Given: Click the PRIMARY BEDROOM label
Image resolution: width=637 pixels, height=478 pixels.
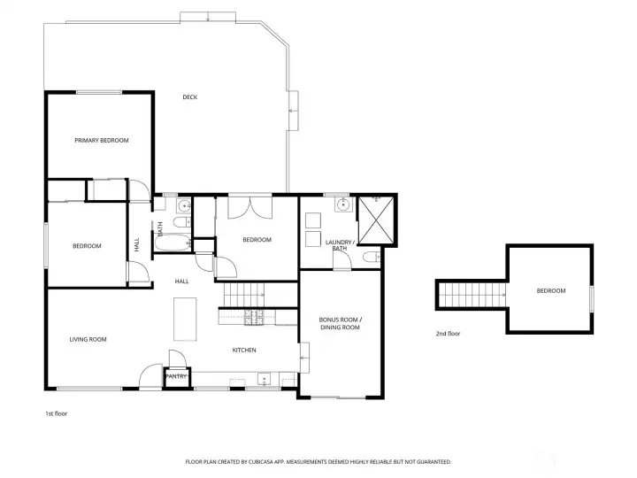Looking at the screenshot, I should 102,141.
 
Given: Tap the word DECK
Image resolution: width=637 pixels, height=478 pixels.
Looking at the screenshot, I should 189,97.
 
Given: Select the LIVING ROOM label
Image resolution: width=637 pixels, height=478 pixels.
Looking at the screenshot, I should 88,339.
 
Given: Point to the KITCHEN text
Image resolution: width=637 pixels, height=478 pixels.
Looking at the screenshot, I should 244,351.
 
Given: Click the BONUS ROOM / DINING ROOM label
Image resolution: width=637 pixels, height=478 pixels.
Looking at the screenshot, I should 340,323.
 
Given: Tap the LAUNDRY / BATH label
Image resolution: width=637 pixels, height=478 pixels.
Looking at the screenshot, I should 340,245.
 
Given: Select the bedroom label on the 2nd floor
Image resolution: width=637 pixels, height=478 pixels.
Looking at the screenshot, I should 550,290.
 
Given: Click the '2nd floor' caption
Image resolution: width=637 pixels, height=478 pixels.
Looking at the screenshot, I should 448,334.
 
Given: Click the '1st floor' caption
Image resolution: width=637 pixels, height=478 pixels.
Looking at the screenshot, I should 57,413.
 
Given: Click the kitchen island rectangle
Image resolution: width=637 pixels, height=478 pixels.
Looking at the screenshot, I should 186,319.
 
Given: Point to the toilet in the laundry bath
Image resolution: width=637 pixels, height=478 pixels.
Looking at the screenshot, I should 371,258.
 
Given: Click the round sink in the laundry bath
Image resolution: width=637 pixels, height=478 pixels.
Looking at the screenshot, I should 342,205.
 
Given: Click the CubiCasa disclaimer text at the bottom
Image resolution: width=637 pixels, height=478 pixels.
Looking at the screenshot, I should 318,461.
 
